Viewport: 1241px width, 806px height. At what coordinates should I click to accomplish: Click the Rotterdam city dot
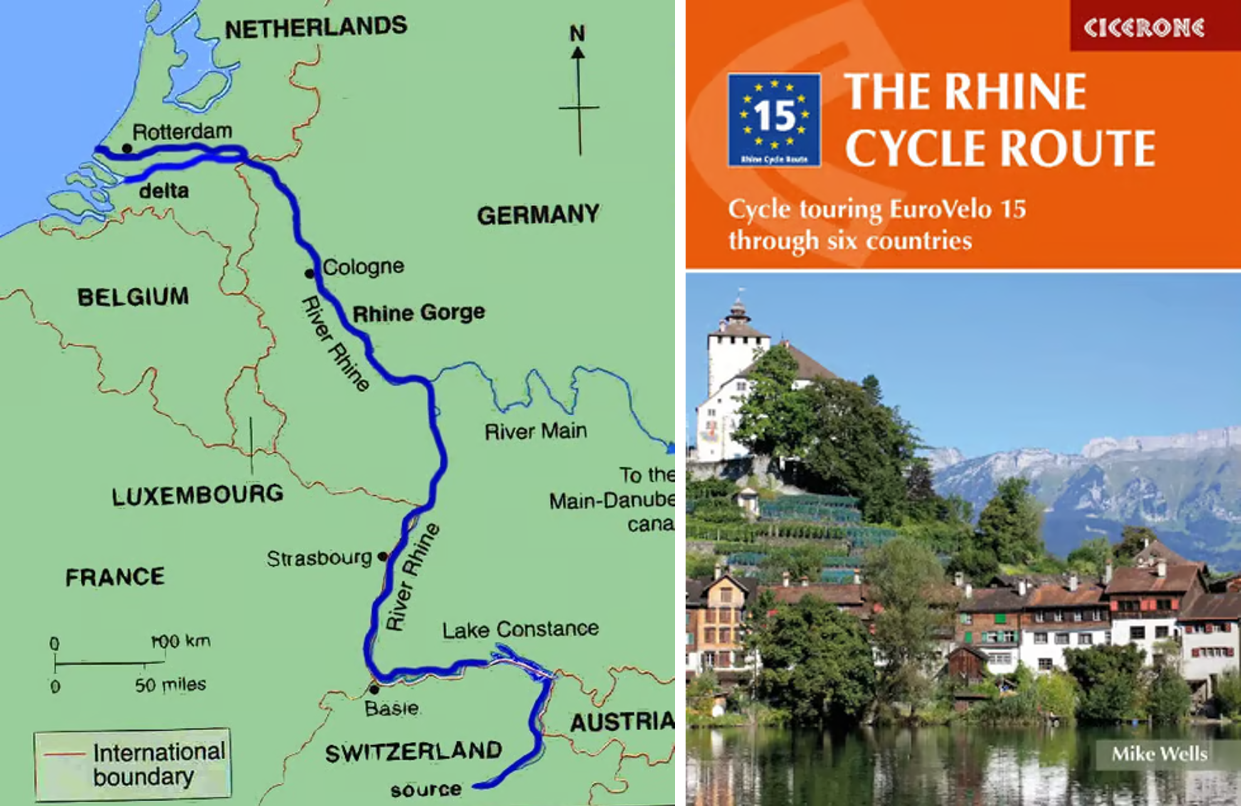pyautogui.click(x=127, y=149)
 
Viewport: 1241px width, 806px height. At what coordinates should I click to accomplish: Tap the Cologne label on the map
pyautogui.click(x=364, y=266)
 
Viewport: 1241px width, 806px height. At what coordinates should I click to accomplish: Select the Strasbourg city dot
pyautogui.click(x=382, y=557)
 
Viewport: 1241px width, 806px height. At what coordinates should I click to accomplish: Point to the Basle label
pyautogui.click(x=391, y=708)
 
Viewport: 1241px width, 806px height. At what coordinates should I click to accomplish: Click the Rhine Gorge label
pyautogui.click(x=419, y=313)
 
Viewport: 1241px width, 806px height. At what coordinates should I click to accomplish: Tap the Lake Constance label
pyautogui.click(x=520, y=629)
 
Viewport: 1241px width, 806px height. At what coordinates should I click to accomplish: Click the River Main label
pyautogui.click(x=535, y=431)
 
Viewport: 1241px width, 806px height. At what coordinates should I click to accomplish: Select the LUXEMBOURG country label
pyautogui.click(x=198, y=495)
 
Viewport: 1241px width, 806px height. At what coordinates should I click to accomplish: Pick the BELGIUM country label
pyautogui.click(x=133, y=297)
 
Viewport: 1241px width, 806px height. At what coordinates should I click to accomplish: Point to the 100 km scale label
pyautogui.click(x=181, y=640)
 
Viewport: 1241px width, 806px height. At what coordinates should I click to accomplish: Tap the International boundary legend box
pyautogui.click(x=133, y=764)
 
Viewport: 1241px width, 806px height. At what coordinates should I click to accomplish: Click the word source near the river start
pyautogui.click(x=426, y=790)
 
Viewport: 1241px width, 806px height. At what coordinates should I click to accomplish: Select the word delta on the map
pyautogui.click(x=164, y=191)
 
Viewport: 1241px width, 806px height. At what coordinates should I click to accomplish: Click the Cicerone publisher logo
pyautogui.click(x=1144, y=27)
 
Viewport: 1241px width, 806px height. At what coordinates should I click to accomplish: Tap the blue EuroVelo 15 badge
pyautogui.click(x=774, y=120)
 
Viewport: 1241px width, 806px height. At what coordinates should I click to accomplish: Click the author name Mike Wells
pyautogui.click(x=1160, y=754)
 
